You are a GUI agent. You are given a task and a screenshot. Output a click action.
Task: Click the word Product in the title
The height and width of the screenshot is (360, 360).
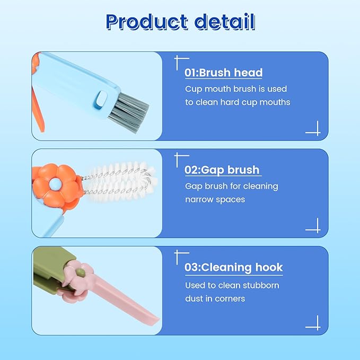point(146,22)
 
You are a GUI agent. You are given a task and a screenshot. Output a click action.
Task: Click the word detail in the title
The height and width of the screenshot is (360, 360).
point(225,22)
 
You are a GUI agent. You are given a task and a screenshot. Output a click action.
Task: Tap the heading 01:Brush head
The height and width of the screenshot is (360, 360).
point(223,73)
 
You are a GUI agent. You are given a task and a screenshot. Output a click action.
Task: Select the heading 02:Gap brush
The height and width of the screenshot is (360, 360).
point(222,170)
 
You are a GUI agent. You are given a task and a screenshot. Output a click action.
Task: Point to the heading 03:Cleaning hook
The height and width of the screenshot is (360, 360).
point(233,267)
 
